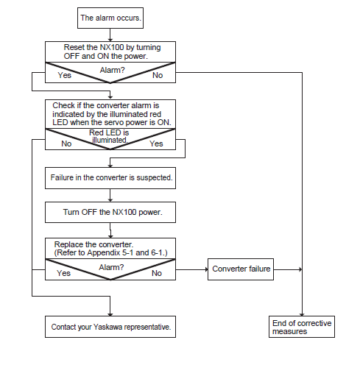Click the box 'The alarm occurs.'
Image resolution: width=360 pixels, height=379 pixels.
(x=110, y=18)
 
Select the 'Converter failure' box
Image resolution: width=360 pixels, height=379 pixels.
(x=241, y=269)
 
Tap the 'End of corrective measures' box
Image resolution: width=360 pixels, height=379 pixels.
(x=302, y=327)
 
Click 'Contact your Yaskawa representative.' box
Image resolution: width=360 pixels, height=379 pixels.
(x=110, y=327)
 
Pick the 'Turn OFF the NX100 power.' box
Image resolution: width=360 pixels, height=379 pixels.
(x=110, y=212)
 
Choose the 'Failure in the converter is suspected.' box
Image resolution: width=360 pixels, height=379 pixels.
(x=110, y=178)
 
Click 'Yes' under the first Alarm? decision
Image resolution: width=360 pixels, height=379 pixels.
(x=64, y=75)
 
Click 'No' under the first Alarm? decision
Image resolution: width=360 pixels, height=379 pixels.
(x=158, y=75)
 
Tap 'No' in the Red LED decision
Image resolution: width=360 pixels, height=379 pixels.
(x=66, y=144)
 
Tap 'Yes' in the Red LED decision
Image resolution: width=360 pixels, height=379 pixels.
(x=156, y=144)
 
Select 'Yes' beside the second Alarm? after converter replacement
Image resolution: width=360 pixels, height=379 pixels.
(x=63, y=273)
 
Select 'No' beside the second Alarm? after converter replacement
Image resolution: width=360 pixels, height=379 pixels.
(x=157, y=273)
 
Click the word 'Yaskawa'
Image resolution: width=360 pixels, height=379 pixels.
(x=107, y=327)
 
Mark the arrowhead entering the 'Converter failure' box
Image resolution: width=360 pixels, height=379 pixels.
(x=206, y=269)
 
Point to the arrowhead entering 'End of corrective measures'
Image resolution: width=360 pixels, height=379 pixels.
(x=302, y=314)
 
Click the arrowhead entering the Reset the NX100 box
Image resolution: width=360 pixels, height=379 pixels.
(x=110, y=40)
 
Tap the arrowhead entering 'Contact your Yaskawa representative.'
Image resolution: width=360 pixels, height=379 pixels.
(x=110, y=314)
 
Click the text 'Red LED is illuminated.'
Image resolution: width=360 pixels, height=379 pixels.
(x=109, y=136)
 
